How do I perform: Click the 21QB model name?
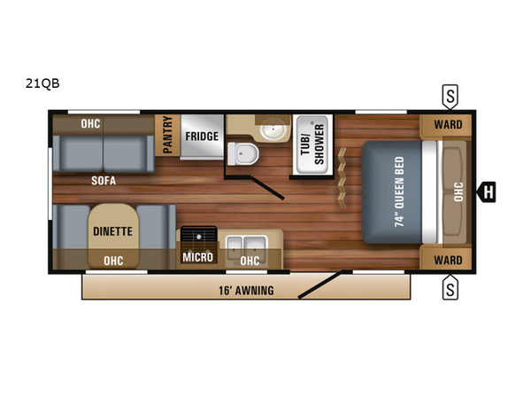42,83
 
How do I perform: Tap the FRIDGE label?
202,137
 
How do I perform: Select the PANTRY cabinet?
167,136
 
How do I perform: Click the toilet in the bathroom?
242,153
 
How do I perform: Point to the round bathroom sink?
273,129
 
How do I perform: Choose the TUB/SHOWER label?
312,145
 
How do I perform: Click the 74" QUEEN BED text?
399,192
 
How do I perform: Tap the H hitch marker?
486,192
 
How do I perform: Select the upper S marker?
450,97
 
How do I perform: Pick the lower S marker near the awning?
450,287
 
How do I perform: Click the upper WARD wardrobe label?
448,124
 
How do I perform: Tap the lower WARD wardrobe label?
448,260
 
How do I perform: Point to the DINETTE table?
113,235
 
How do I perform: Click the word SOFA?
104,181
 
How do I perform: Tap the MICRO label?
197,257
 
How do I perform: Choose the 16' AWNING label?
246,291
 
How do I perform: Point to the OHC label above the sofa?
90,124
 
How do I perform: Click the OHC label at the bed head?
458,192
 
